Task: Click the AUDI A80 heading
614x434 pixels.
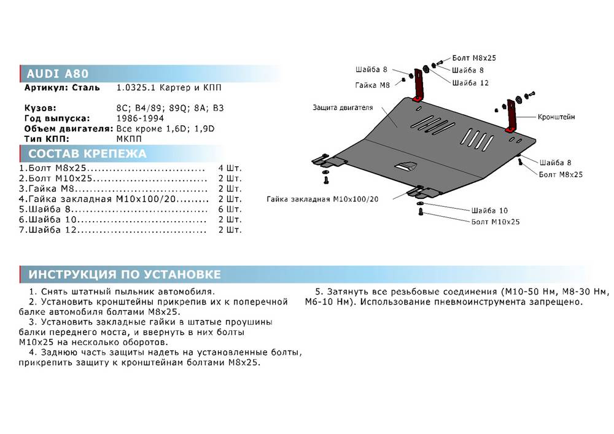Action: (58, 74)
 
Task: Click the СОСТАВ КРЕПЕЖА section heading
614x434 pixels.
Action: (87, 153)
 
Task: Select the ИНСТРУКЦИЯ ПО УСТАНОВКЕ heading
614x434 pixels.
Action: (125, 274)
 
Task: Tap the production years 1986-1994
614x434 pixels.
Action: (140, 118)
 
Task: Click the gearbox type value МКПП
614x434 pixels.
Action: (129, 139)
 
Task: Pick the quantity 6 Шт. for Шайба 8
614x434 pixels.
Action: (230, 209)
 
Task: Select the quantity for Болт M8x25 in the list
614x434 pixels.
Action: (230, 168)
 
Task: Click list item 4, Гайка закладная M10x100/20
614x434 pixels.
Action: (114, 199)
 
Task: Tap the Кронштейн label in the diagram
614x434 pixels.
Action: (556, 117)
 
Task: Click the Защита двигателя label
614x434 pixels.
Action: (343, 107)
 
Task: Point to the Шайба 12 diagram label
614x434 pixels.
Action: (470, 83)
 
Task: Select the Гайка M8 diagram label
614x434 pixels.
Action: (373, 85)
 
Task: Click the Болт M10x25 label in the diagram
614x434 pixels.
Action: (495, 222)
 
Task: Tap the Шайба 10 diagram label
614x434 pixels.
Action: (489, 211)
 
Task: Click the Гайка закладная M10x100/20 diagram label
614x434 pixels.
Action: (323, 199)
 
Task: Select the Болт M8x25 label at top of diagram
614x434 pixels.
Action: (474, 58)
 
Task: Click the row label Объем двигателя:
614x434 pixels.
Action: (69, 129)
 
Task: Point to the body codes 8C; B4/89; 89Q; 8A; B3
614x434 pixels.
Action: (170, 108)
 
